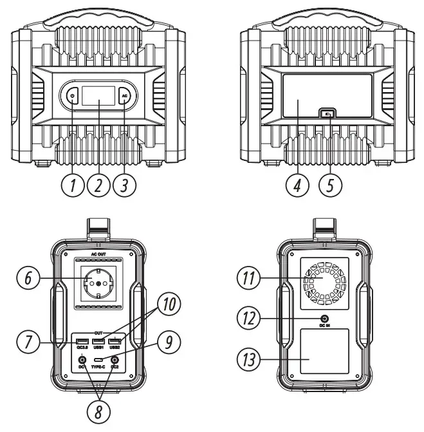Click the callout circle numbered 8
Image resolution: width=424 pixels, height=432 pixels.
(x=98, y=410)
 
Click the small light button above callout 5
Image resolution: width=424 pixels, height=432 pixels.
(x=329, y=115)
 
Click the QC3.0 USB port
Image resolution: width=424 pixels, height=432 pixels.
(x=82, y=341)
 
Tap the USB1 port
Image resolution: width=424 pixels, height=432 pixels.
(x=98, y=341)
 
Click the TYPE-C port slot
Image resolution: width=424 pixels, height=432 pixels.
(x=98, y=360)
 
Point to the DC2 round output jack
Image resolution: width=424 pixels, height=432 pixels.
(x=115, y=361)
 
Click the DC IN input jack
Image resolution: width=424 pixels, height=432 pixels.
(x=326, y=319)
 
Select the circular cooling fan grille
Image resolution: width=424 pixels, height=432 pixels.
(x=326, y=283)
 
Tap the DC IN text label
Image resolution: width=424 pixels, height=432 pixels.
(x=326, y=326)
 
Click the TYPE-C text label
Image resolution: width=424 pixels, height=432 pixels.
(x=98, y=366)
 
